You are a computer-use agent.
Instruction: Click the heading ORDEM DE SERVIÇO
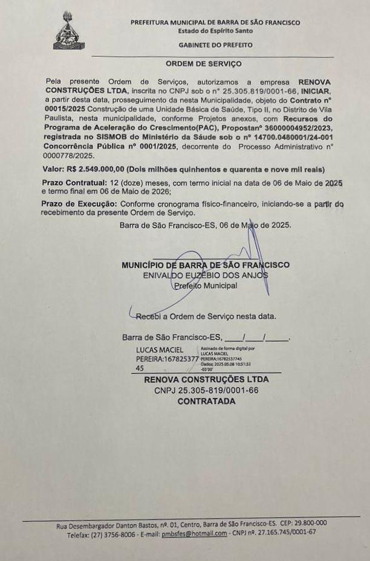coord(203,63)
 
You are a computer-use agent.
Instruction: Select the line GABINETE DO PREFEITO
coord(215,45)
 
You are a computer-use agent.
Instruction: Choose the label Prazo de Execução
coord(78,205)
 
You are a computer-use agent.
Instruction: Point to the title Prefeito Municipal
coord(205,286)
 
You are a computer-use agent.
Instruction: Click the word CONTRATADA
coord(206,401)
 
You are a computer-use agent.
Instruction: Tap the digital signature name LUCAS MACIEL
coord(160,350)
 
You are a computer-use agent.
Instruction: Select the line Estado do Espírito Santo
coord(215,31)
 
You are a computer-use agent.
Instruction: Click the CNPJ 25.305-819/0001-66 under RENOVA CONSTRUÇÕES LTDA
coord(206,390)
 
